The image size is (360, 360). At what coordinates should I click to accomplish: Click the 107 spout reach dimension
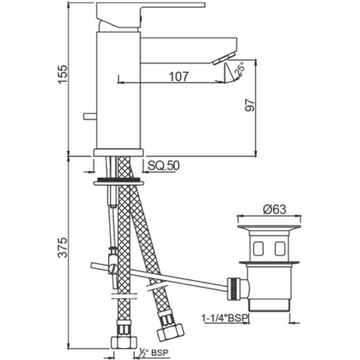(179, 76)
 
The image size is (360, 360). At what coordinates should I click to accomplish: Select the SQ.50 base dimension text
(163, 166)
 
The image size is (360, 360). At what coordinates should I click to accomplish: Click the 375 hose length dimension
(63, 248)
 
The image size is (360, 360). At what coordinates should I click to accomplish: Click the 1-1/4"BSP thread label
(224, 318)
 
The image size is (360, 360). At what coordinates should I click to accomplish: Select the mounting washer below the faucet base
(118, 182)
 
